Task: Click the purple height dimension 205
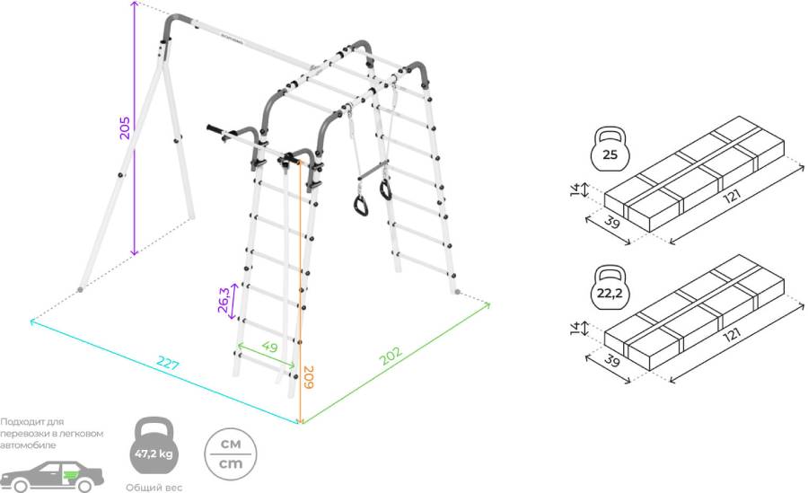126,128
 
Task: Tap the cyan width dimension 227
168,365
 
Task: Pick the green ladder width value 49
269,348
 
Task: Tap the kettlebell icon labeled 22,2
610,286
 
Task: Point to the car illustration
53,473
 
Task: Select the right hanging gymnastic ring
386,189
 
